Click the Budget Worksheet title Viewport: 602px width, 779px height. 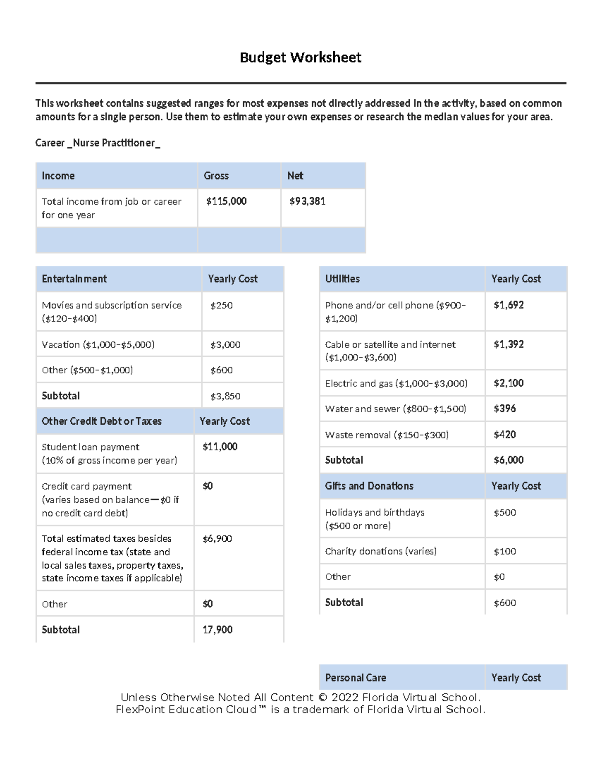coord(300,57)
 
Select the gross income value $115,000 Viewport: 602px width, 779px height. coord(226,201)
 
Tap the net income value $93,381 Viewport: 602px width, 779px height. coord(308,201)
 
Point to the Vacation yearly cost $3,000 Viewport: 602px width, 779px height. coord(225,345)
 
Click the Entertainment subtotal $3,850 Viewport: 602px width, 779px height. coord(225,396)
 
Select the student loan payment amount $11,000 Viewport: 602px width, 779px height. coord(220,447)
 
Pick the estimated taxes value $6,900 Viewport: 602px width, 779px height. coord(217,539)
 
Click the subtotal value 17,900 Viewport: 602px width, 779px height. coord(217,630)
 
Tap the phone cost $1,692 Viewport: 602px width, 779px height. coord(509,305)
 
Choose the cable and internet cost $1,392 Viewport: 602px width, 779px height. coord(509,344)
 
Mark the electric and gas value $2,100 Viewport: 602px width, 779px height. coord(509,383)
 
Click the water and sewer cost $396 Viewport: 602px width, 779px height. coord(505,409)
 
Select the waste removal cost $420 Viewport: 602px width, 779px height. coord(505,435)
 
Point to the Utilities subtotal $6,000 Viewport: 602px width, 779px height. coord(509,460)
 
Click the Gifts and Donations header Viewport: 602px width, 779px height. coord(369,486)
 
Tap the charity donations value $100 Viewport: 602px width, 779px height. coord(505,552)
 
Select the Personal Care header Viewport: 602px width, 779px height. coord(356,678)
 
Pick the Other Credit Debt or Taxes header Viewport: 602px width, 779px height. coord(101,421)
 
